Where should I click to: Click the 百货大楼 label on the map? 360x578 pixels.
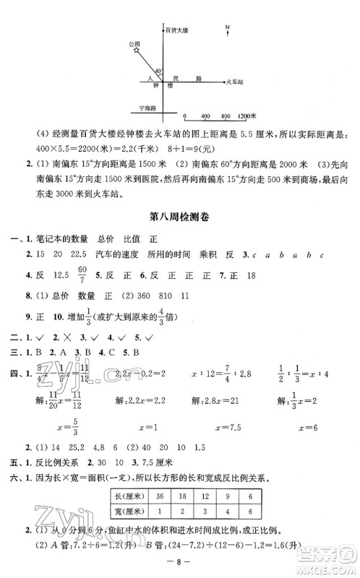click(x=176, y=30)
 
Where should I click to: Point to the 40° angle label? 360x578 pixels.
click(x=158, y=70)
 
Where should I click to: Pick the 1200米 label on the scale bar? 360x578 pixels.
click(x=249, y=116)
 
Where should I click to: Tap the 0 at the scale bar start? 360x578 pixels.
click(x=185, y=116)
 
